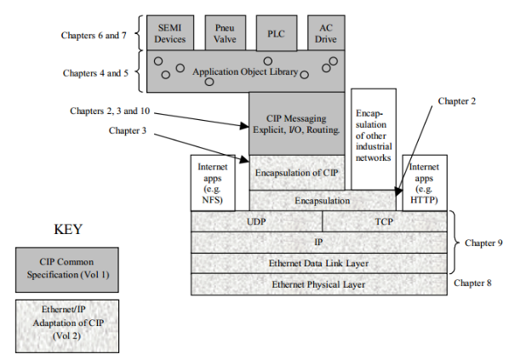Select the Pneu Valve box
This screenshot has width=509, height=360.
click(225, 33)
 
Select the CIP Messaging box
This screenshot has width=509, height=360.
click(297, 123)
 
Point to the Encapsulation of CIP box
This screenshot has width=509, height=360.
click(297, 173)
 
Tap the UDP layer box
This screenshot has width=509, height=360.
click(256, 220)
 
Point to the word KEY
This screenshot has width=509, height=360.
click(68, 231)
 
